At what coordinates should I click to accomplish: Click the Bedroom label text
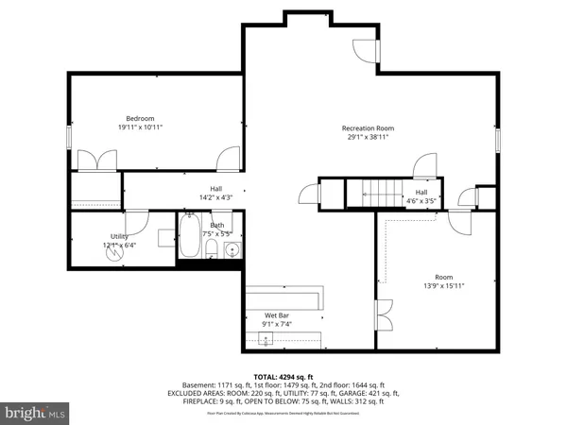click(x=110, y=118)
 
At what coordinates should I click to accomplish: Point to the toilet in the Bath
click(x=213, y=250)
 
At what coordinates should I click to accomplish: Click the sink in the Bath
click(x=231, y=250)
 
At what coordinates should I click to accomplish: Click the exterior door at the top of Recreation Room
click(x=367, y=51)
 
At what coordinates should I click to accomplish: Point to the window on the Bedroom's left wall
click(x=69, y=136)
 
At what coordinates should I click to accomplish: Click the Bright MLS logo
click(x=35, y=413)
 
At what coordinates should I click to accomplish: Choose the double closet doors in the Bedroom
click(x=98, y=160)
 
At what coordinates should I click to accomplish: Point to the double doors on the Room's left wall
click(x=383, y=314)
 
